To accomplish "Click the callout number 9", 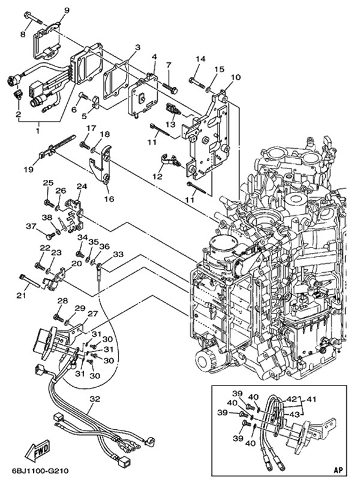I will click(x=66, y=11).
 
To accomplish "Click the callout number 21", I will click(x=21, y=296).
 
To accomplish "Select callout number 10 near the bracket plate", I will click(x=235, y=77).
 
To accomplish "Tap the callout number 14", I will click(x=200, y=59).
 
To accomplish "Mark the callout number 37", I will click(x=31, y=226).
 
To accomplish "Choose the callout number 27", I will click(x=92, y=314).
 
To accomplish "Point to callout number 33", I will click(x=118, y=254).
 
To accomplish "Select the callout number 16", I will click(x=109, y=198).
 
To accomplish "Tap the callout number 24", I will click(x=81, y=186).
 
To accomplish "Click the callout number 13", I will click(x=170, y=124).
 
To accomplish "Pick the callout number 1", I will click(x=37, y=128).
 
